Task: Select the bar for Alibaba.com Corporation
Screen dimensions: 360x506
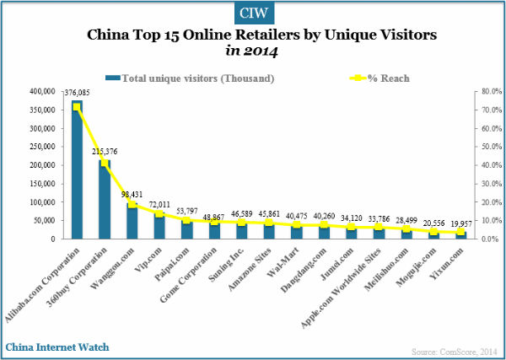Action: coord(78,169)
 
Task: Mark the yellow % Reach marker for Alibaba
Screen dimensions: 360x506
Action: coord(78,107)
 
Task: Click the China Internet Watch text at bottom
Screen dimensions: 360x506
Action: coord(57,347)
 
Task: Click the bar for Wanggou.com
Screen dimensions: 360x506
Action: coord(131,221)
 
